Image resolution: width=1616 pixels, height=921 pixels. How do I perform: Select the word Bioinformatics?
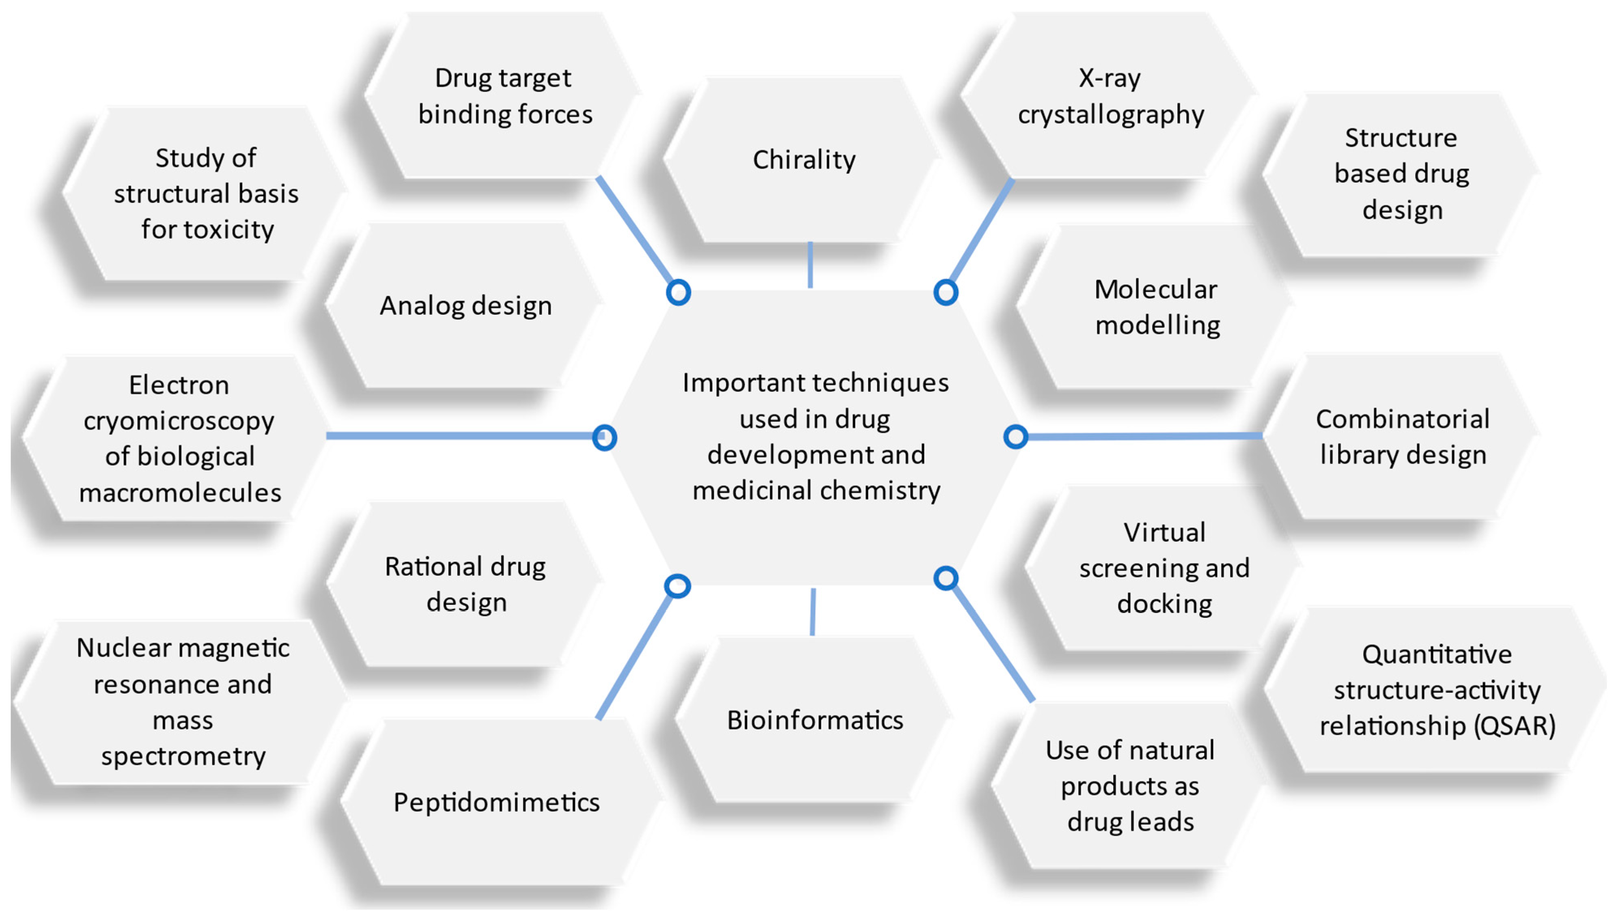[x=814, y=720]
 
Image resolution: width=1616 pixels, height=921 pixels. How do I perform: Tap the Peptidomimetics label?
[x=496, y=802]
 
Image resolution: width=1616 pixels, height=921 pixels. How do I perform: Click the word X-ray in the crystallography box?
[x=1109, y=78]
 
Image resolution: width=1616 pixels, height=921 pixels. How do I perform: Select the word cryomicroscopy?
[x=179, y=421]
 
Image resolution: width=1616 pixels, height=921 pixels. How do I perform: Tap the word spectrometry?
[x=183, y=756]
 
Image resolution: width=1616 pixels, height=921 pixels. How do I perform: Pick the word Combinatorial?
[x=1402, y=419]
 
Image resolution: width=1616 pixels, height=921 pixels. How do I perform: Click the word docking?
[x=1164, y=604]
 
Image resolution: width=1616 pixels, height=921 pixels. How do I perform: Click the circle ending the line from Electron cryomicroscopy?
[x=604, y=438]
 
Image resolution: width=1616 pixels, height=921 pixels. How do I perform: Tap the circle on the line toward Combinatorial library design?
[x=1015, y=437]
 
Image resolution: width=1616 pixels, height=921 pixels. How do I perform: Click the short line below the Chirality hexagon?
[x=810, y=266]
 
